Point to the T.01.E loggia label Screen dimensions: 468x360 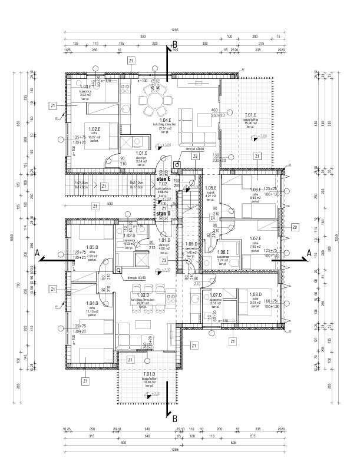[250, 115]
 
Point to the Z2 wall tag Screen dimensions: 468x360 [294, 227]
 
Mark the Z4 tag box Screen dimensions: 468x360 [212, 218]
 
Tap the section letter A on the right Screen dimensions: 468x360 [308, 251]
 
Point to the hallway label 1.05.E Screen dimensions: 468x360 [211, 188]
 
